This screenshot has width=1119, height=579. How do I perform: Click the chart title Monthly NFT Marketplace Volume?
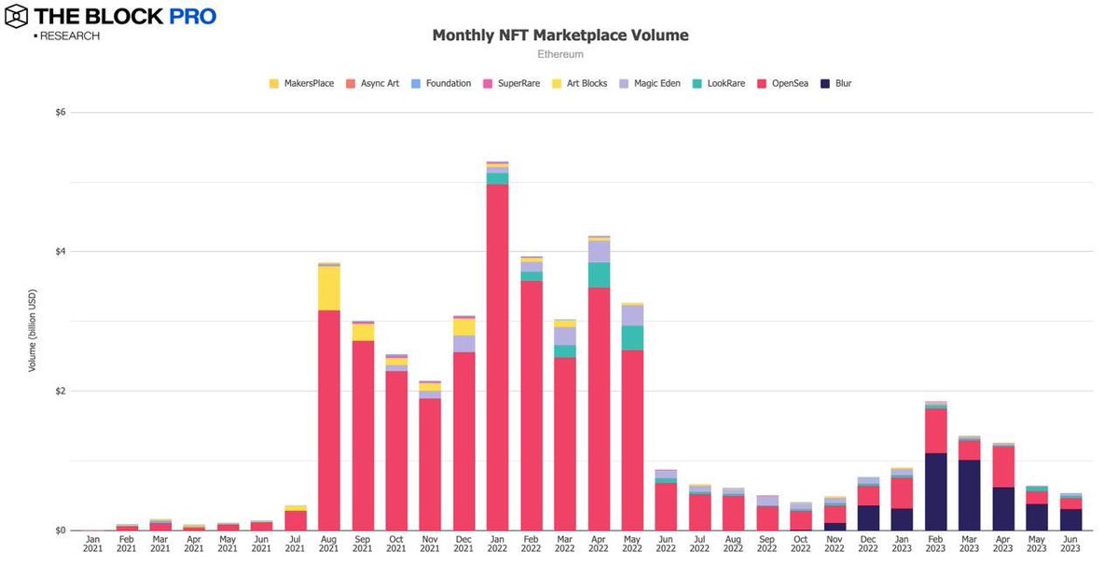point(559,35)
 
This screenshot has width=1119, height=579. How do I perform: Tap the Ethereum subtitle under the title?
point(559,55)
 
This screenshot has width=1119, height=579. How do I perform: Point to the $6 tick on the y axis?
point(61,112)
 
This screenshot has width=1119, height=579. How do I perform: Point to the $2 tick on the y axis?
point(61,391)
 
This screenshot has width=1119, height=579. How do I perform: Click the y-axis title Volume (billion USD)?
point(32,322)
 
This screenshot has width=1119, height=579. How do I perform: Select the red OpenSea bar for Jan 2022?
point(497,354)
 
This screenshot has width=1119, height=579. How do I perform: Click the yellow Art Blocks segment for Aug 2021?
point(328,288)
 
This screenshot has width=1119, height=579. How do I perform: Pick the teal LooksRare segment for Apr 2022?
point(599,275)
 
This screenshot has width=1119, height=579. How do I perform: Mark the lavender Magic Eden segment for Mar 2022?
point(565,336)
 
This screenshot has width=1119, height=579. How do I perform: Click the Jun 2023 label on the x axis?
point(1071,544)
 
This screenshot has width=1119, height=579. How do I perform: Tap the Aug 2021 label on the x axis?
point(328,544)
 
